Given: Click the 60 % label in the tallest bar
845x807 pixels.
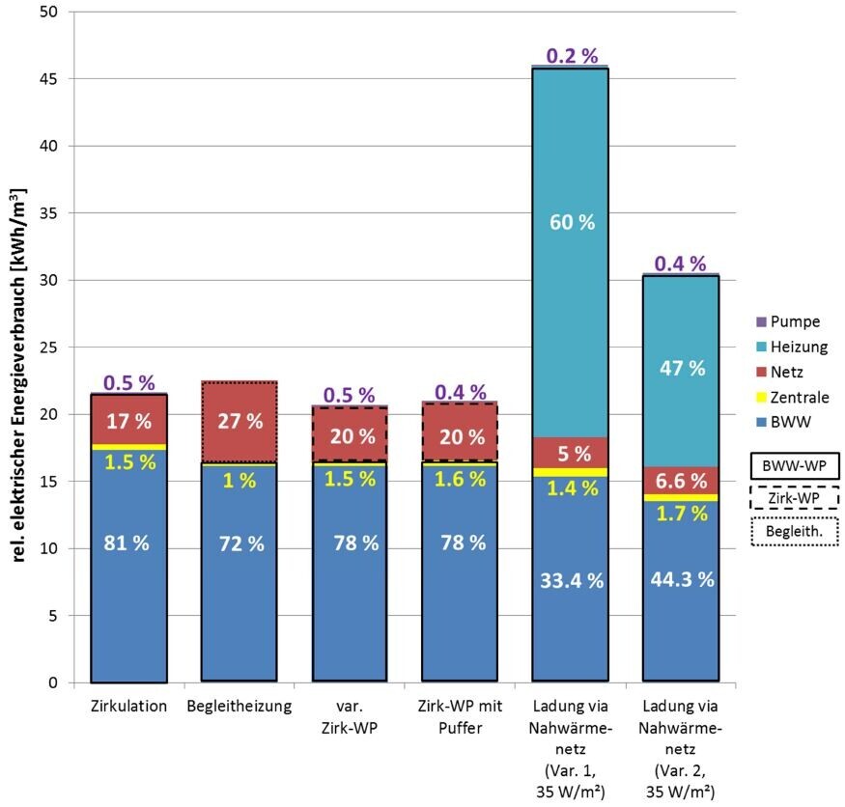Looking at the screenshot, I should click(573, 222).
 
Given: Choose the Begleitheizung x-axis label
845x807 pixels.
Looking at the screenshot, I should click(239, 707).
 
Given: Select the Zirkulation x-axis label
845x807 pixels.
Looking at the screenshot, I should click(129, 707).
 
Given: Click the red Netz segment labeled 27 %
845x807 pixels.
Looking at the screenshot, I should click(239, 422).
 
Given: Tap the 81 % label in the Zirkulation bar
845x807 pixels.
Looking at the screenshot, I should click(127, 543).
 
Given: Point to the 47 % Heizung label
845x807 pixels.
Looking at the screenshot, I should click(682, 368).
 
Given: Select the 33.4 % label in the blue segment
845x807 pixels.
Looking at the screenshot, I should click(573, 580).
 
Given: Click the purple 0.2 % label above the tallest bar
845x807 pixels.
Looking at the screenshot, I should click(573, 56).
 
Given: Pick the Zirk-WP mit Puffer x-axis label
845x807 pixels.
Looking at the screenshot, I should click(459, 715).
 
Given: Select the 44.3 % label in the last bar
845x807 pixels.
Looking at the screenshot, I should click(682, 580).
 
